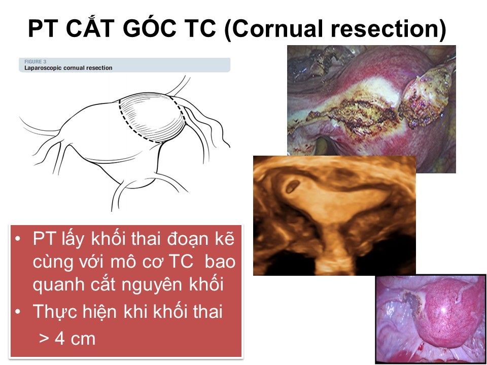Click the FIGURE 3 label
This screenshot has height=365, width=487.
click(x=35, y=62)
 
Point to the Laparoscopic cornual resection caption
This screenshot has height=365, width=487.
click(x=68, y=67)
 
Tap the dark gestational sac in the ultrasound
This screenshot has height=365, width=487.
click(x=292, y=186)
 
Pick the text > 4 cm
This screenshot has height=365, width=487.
click(x=67, y=338)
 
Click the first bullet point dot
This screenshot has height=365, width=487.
click(x=18, y=239)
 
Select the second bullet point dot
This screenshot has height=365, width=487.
click(x=18, y=311)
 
